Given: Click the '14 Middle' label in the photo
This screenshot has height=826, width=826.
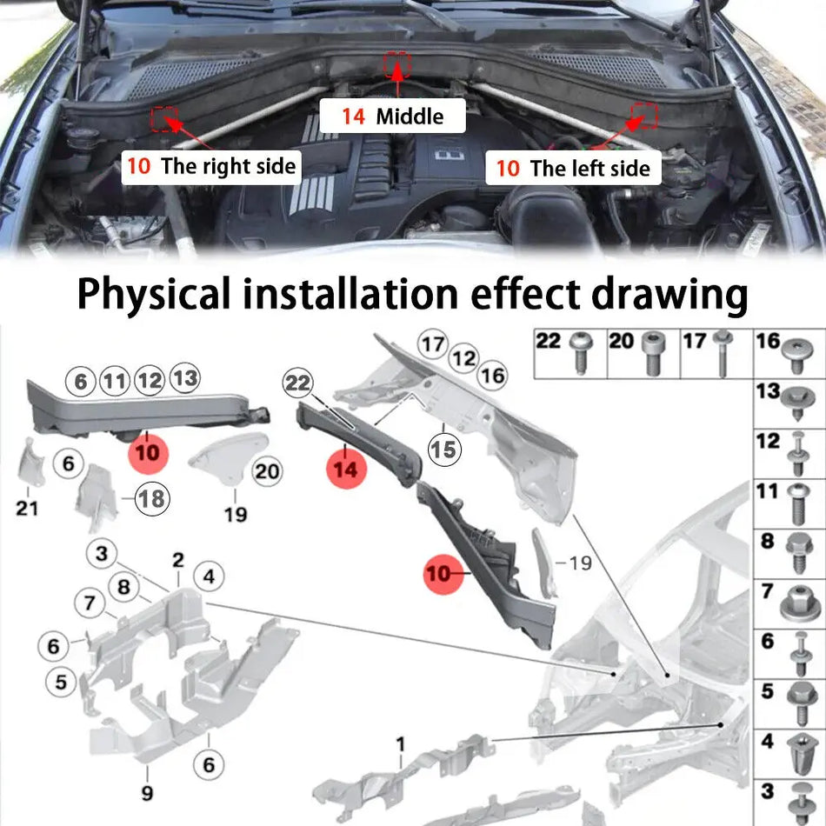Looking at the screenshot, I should [391, 117].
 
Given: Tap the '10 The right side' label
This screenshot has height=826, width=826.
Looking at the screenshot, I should [211, 165].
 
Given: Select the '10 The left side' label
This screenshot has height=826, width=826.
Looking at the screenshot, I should [574, 168].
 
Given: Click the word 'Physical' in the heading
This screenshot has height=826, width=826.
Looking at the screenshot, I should [154, 295].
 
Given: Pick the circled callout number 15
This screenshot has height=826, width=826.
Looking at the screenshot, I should [444, 449].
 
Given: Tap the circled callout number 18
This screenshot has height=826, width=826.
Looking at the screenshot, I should [151, 498].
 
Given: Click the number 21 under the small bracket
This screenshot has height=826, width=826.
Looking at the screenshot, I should [27, 506].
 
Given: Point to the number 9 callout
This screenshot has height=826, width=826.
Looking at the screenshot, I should [147, 793].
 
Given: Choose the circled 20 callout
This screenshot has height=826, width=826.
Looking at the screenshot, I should [267, 471].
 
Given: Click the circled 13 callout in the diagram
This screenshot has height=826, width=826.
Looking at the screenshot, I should [184, 377].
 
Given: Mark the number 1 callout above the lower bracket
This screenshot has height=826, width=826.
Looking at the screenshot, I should [401, 744].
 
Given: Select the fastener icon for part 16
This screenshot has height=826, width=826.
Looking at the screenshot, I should [796, 351].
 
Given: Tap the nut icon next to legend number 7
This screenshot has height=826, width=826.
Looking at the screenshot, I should [796, 602].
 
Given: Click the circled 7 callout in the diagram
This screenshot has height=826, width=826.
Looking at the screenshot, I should [90, 602].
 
